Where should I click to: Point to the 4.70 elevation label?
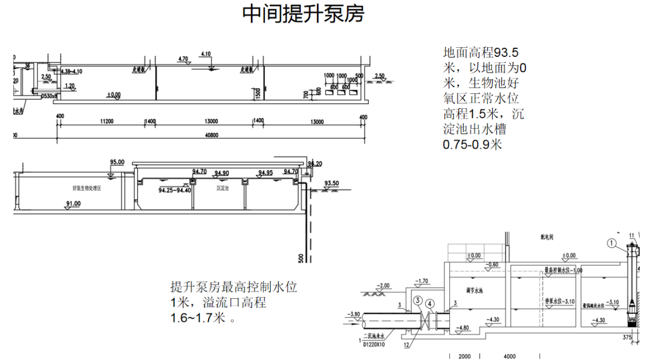[x=184, y=59]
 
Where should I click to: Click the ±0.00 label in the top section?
[x=113, y=95]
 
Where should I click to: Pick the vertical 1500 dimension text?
[x=258, y=92]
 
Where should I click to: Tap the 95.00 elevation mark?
[x=117, y=162]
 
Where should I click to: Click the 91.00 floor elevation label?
[x=73, y=204]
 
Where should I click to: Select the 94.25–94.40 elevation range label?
[x=175, y=190]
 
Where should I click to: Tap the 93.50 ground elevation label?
[x=331, y=183]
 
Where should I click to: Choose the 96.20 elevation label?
[x=314, y=164]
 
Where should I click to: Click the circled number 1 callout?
[x=612, y=244]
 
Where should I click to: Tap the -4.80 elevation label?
[x=464, y=329]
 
